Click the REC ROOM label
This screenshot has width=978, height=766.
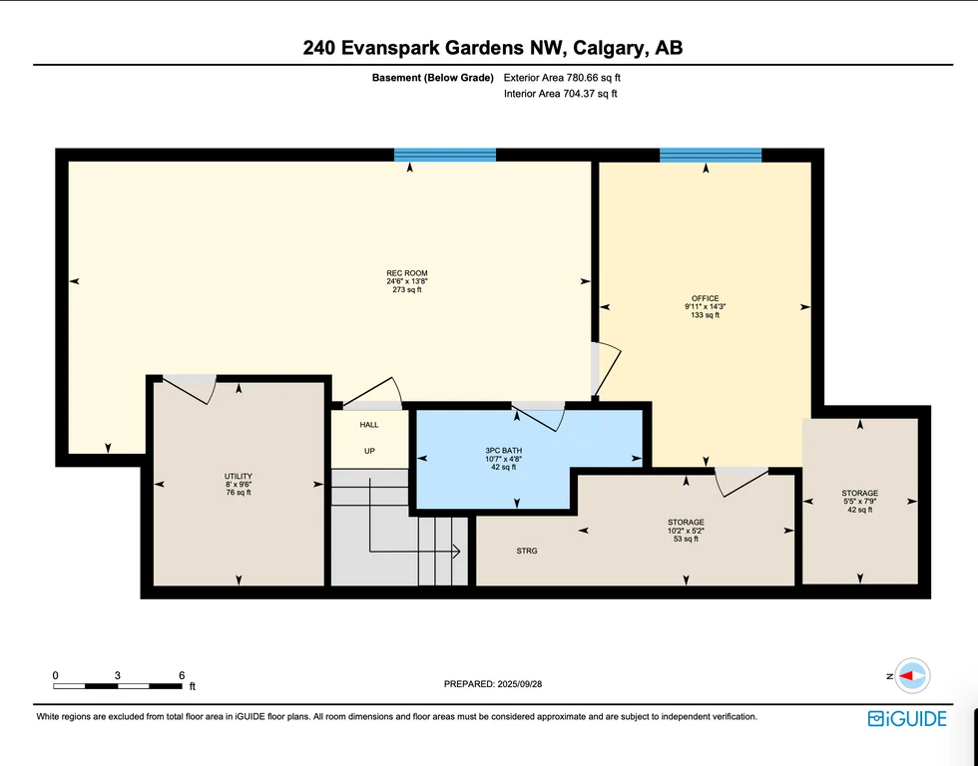click(407, 273)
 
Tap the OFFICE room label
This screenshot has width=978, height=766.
click(705, 298)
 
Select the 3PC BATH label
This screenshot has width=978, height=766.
click(503, 450)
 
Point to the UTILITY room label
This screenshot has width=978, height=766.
click(239, 476)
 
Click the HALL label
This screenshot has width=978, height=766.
click(369, 425)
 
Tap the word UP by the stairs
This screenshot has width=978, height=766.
click(369, 451)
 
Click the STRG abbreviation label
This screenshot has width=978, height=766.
click(527, 551)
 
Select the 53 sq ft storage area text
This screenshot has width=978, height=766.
click(687, 540)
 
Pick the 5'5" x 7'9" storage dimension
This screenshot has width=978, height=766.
click(860, 501)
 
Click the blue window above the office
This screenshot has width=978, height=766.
click(711, 156)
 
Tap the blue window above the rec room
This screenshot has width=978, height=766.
click(445, 156)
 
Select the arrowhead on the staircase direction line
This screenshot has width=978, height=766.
click(456, 551)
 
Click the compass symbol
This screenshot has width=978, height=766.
click(912, 675)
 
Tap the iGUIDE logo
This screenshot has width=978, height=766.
click(907, 719)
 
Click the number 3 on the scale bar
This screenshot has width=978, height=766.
click(118, 675)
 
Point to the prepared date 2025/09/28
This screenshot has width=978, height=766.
click(520, 684)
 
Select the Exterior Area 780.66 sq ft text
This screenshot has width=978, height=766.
click(562, 78)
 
